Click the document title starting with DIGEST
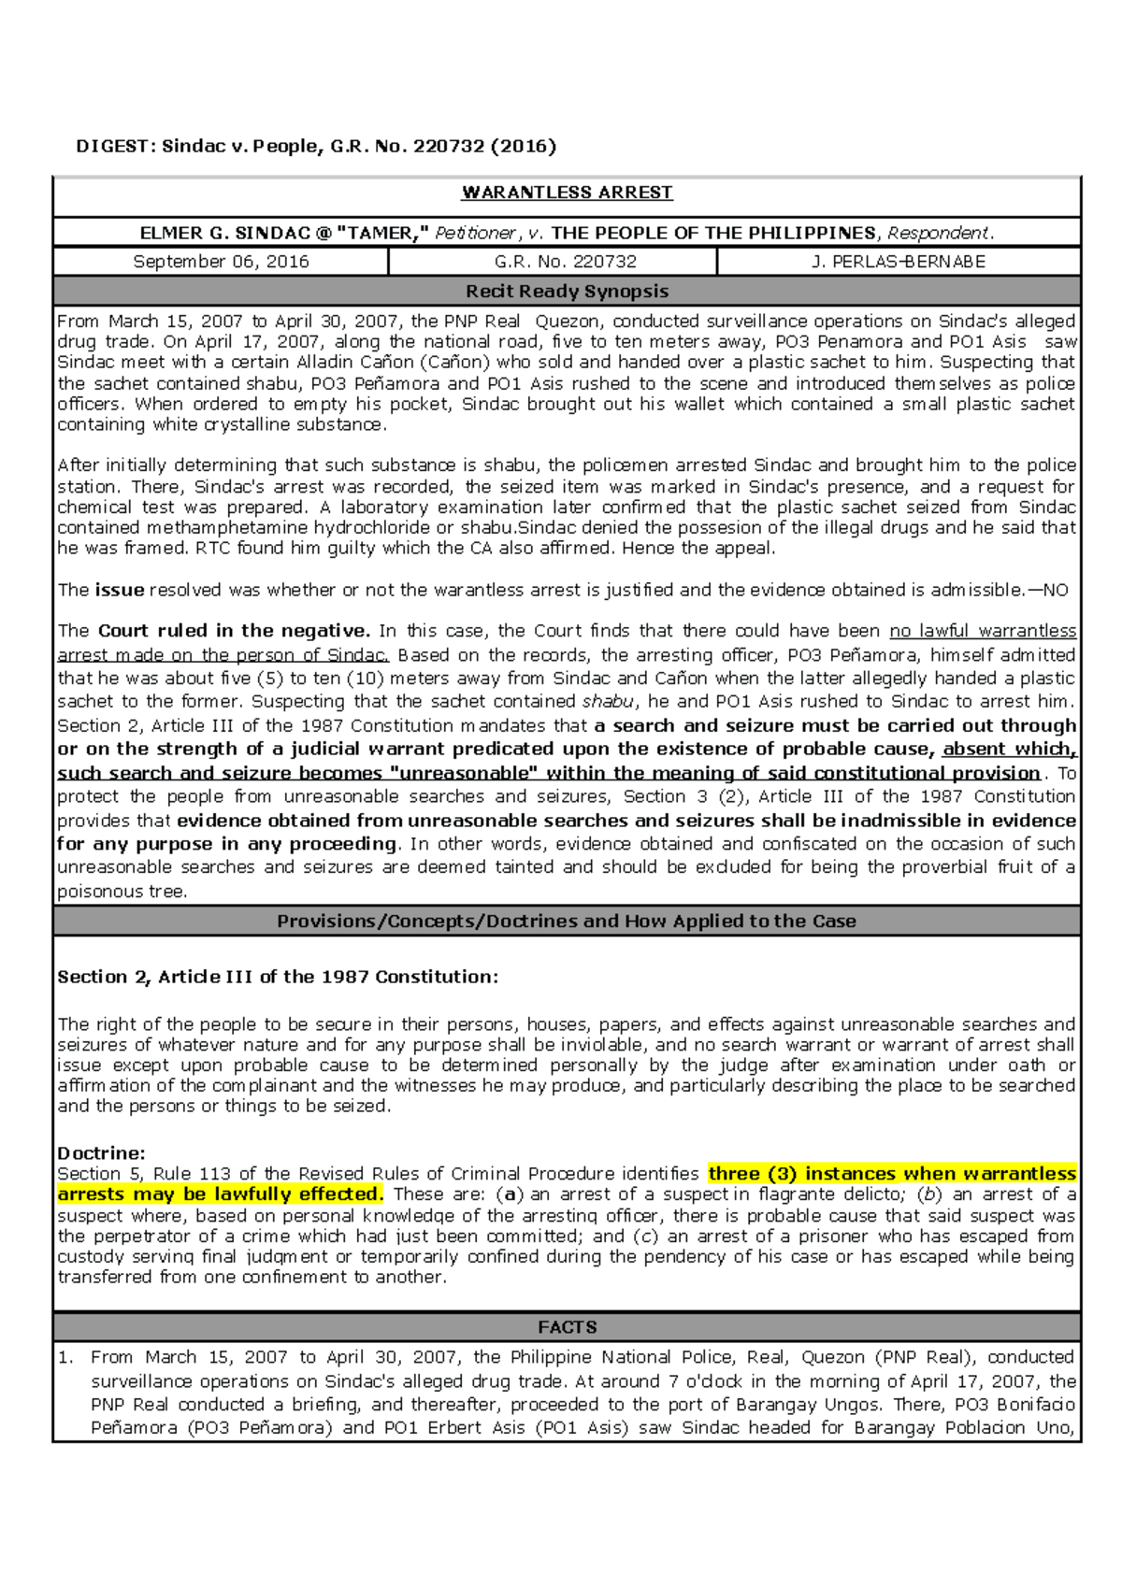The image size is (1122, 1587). coord(315,146)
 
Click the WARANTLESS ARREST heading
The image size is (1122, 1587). coord(567,193)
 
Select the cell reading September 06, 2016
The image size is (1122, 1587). coord(221,262)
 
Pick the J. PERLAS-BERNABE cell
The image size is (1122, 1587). coord(899,262)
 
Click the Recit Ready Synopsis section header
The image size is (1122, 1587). coord(567,292)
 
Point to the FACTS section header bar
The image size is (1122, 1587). coord(567,1327)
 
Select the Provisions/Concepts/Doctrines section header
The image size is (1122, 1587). coord(567,922)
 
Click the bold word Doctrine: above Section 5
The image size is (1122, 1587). coord(101,1153)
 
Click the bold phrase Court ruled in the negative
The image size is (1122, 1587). coord(234,631)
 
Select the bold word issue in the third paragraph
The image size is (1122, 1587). coord(119,590)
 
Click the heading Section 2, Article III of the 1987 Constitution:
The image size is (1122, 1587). coord(278,977)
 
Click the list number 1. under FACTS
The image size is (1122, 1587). coord(65,1357)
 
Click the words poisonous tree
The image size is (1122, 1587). coord(122,892)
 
